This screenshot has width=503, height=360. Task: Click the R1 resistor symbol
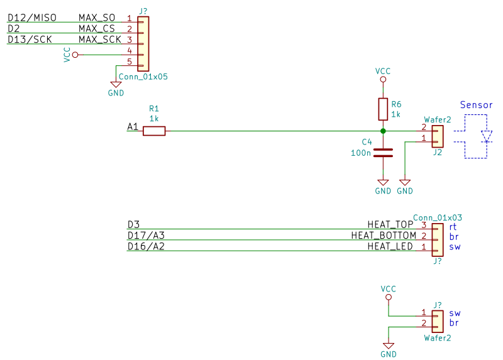[x=154, y=131]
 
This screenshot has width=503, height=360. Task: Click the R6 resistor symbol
[x=383, y=109]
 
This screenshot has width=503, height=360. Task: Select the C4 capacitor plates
[x=383, y=153]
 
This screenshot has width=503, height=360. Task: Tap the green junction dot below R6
[x=383, y=131]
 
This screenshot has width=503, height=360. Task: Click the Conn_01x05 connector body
[x=143, y=44]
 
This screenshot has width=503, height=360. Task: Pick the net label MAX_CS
[x=97, y=28]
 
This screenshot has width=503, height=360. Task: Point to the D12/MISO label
[x=32, y=18]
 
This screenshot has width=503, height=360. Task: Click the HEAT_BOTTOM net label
[x=384, y=236]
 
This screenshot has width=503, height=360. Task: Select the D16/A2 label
[x=146, y=246]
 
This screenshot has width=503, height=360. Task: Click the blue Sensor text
[x=476, y=105]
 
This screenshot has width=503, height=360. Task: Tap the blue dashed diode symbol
[x=487, y=136]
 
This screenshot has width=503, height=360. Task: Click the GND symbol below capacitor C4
[x=383, y=183]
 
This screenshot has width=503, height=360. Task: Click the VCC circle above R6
[x=383, y=80]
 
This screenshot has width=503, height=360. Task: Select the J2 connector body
[x=438, y=136]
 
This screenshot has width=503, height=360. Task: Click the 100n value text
[x=361, y=153]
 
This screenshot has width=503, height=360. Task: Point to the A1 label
[x=133, y=127]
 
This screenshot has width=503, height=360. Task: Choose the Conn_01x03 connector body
[x=438, y=240]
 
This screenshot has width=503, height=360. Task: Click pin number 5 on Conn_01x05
[x=130, y=62]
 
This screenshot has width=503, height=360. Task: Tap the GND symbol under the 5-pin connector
[x=116, y=85]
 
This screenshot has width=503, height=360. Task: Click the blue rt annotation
[x=453, y=227]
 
